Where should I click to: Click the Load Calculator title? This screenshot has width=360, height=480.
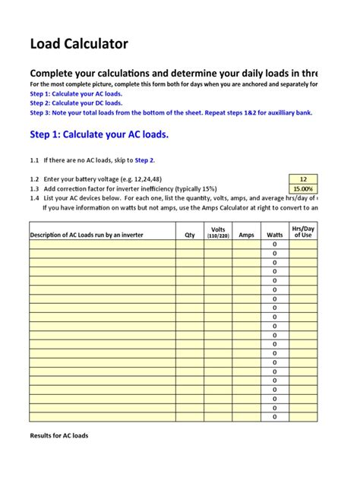(x=79, y=44)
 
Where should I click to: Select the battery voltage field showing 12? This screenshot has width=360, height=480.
(x=303, y=178)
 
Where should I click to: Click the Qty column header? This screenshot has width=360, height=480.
(x=190, y=235)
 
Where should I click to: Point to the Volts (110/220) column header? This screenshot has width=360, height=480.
(x=218, y=232)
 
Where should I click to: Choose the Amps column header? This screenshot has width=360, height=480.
(x=246, y=235)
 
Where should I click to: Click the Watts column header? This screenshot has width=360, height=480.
(x=274, y=235)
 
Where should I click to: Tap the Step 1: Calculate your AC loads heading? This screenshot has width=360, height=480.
(x=99, y=134)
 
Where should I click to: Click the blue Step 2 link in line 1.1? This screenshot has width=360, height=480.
(x=144, y=160)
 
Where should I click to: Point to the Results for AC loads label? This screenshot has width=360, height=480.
(x=59, y=436)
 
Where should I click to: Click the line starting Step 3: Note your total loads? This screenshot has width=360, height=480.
(x=171, y=112)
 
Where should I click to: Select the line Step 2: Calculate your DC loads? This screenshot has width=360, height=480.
(x=76, y=103)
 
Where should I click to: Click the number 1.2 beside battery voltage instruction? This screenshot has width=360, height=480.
(x=34, y=178)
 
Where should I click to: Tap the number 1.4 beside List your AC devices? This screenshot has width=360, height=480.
(x=34, y=197)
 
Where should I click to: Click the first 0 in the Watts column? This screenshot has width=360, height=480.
(x=274, y=245)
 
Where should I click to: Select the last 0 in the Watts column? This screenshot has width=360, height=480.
(x=274, y=416)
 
